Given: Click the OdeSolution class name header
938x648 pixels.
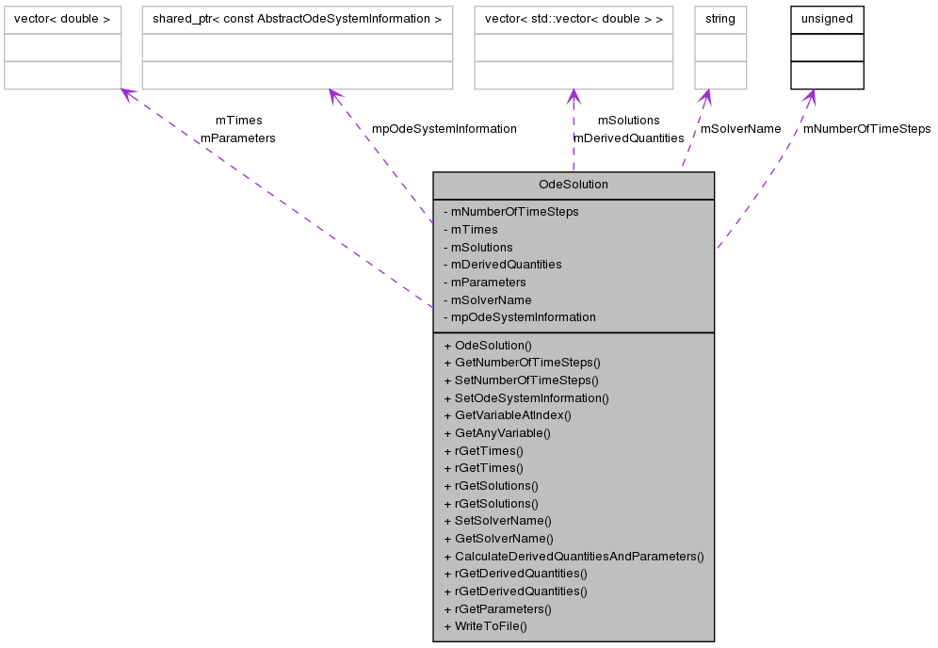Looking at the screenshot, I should [x=573, y=185].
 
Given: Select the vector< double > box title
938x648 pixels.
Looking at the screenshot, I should [x=62, y=19].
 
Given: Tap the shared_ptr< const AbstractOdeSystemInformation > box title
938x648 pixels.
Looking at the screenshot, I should [x=297, y=19].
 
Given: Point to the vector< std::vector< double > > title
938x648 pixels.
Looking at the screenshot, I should [x=573, y=19].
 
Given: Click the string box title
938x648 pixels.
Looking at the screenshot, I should [x=720, y=19].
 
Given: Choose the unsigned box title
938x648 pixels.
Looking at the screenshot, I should [x=826, y=19].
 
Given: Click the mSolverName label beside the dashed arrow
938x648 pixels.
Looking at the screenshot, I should [x=740, y=128].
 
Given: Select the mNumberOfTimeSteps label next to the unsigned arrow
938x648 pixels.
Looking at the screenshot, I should [x=866, y=128].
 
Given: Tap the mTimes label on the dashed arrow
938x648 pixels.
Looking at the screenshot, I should [x=238, y=121].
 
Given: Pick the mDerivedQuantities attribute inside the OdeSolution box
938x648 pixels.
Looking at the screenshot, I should [x=506, y=265].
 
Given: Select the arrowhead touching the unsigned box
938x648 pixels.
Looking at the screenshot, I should [x=808, y=96].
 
